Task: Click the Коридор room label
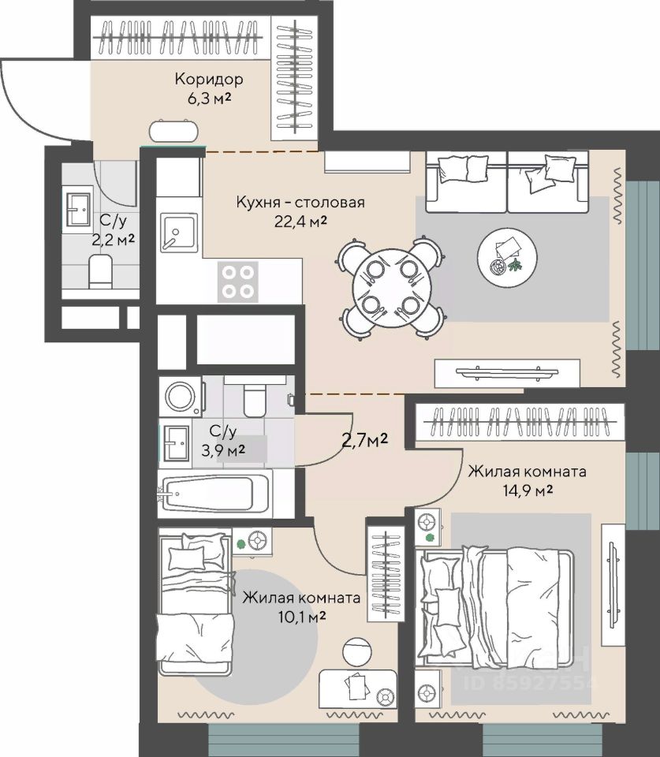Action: [209, 79]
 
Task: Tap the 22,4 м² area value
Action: [300, 221]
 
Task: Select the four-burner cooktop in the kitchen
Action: [237, 282]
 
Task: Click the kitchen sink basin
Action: [179, 233]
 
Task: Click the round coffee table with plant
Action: [508, 257]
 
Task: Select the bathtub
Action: [214, 492]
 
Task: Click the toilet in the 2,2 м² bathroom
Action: [100, 272]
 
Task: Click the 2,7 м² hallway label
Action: [365, 440]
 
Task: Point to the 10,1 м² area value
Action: [301, 617]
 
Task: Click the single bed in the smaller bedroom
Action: [196, 602]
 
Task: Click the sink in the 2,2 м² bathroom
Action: [78, 210]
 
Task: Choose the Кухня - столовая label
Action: [300, 202]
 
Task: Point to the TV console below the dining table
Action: [507, 373]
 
